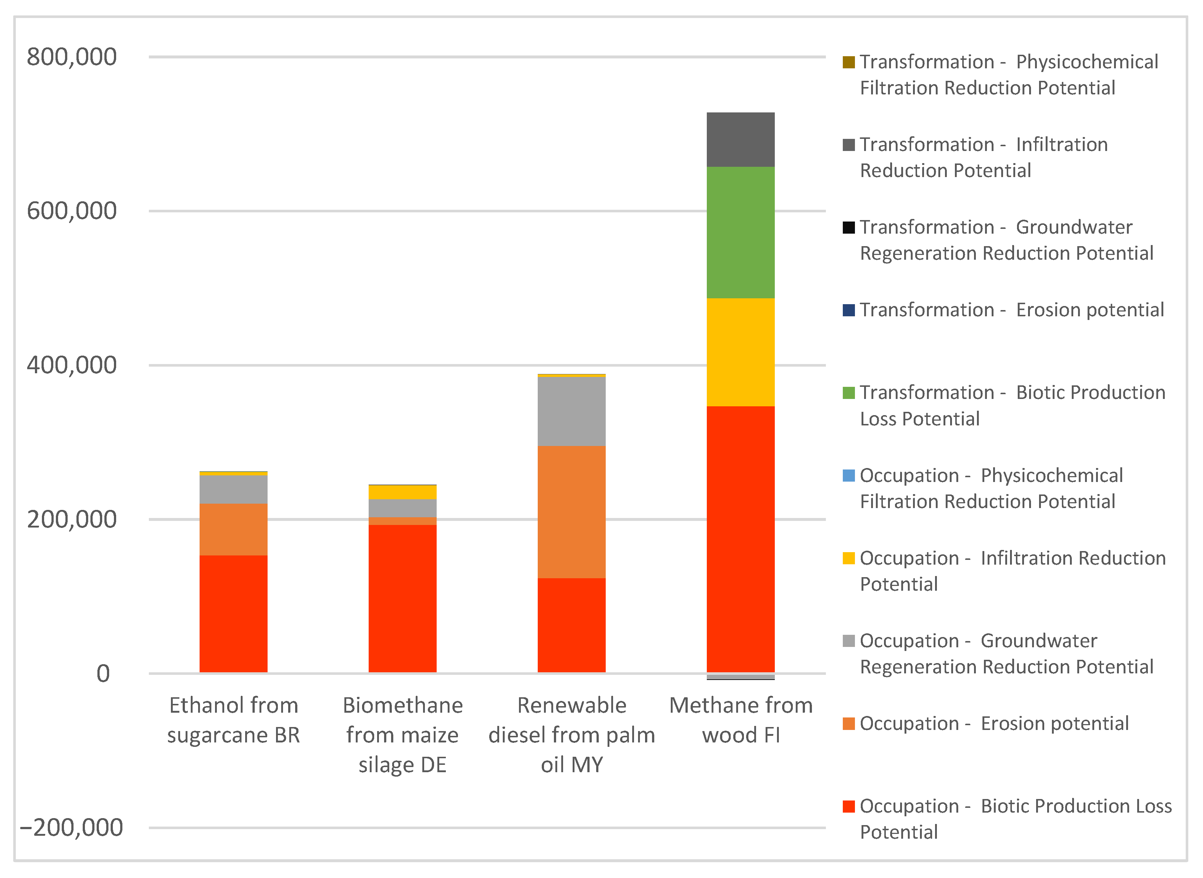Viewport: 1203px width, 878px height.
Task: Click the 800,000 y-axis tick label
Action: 72,57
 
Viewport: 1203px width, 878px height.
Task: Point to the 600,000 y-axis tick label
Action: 72,211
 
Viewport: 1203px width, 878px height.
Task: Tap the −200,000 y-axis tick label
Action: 72,828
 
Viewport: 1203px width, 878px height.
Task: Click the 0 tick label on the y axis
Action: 103,673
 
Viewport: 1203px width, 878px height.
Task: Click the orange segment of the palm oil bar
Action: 572,512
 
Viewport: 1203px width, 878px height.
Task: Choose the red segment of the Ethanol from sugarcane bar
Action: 233,614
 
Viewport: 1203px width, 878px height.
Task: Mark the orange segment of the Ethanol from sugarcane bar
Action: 233,529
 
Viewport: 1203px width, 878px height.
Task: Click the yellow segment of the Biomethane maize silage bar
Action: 402,492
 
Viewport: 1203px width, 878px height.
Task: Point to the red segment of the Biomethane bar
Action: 402,598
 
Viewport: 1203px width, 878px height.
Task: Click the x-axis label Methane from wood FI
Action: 741,720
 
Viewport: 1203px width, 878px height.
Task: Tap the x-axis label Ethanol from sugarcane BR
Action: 233,720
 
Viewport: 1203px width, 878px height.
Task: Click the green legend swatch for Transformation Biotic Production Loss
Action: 848,393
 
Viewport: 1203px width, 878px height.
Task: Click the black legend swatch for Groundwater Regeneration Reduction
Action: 848,227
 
